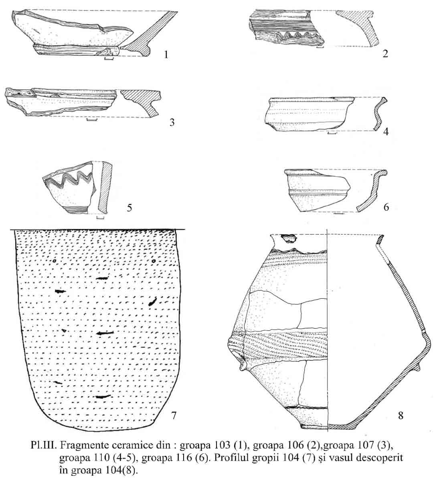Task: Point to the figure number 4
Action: pos(386,131)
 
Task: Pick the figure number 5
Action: pos(129,208)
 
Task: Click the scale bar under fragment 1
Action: pos(109,58)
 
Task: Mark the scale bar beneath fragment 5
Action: pos(100,217)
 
